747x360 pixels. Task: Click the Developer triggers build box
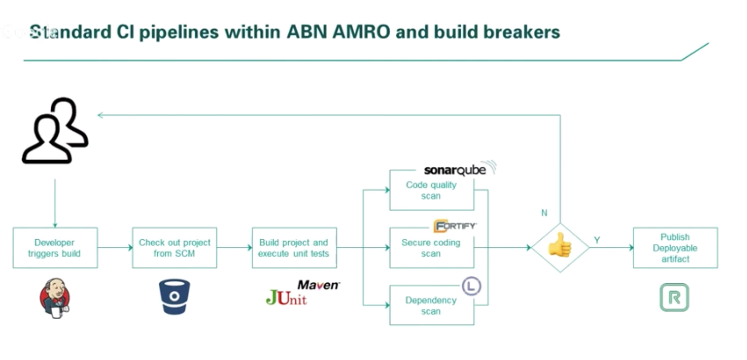click(55, 248)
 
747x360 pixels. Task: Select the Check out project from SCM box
click(174, 248)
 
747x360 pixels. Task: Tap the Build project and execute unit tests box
click(294, 248)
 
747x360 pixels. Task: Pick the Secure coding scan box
click(431, 248)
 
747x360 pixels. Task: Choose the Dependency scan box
click(431, 306)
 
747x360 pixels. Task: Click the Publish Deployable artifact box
click(675, 248)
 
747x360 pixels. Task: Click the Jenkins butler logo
click(55, 298)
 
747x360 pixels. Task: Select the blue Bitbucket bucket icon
click(174, 297)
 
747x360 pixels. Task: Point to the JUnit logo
click(286, 298)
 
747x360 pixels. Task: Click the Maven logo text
click(318, 285)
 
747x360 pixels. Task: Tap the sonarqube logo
click(455, 170)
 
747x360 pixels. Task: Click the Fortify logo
click(455, 226)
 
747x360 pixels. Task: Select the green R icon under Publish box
click(674, 297)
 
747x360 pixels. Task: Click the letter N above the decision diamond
click(544, 213)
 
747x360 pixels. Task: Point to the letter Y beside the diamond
click(597, 240)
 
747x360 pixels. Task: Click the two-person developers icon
click(55, 131)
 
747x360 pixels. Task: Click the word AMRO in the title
click(361, 32)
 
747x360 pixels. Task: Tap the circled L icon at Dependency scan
click(471, 286)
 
